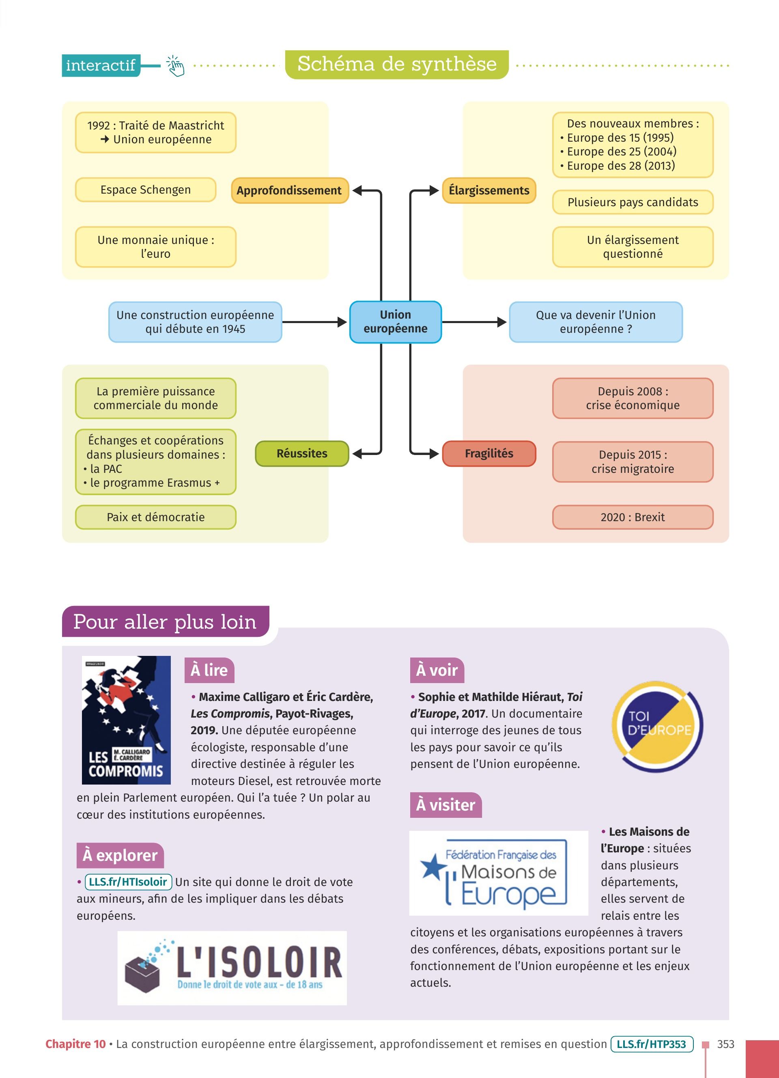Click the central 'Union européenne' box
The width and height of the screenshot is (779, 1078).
tap(395, 322)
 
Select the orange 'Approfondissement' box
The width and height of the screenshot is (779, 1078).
tap(290, 191)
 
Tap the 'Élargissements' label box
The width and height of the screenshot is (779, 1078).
tap(489, 191)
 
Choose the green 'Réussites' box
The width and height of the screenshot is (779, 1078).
tap(302, 453)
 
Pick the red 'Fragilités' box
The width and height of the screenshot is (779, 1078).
tap(489, 453)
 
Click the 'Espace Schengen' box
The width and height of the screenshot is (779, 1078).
tap(145, 190)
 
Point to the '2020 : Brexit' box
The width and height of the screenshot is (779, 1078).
tap(632, 517)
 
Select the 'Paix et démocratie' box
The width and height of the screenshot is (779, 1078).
tap(155, 517)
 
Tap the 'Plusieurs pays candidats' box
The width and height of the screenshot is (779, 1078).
tap(632, 202)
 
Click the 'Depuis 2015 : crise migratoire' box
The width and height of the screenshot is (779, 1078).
tap(632, 461)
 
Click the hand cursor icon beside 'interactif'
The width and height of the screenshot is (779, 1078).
tap(175, 66)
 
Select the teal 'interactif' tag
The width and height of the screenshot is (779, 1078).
tap(101, 65)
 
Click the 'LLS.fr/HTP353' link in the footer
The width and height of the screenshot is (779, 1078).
tap(651, 1044)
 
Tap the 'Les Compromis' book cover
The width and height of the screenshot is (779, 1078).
tap(126, 720)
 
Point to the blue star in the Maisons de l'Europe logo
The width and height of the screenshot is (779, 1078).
tap(432, 866)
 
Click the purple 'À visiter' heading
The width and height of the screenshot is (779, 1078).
tap(445, 805)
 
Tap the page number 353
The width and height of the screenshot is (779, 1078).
tap(725, 1044)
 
